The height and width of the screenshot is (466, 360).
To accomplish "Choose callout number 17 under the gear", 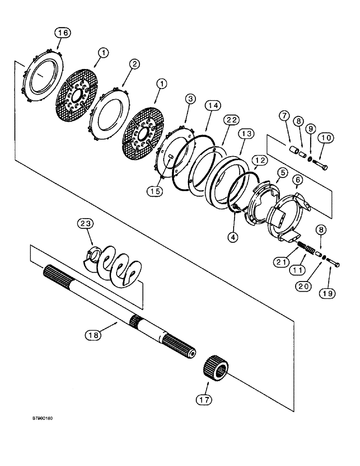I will [x=205, y=399].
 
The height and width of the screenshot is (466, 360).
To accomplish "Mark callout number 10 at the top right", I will [x=325, y=138].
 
